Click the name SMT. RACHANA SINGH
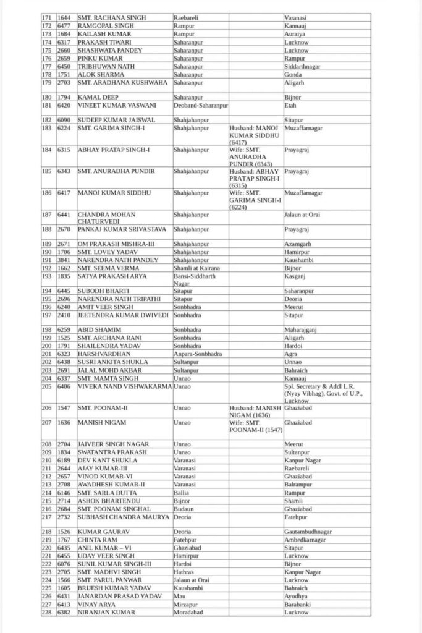coord(112,18)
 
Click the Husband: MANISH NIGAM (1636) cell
coord(254,412)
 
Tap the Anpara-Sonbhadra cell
coord(198,355)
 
